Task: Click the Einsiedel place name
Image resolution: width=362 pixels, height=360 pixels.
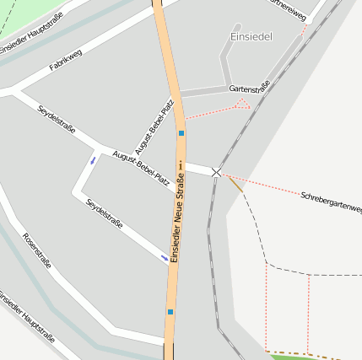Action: (x=251, y=37)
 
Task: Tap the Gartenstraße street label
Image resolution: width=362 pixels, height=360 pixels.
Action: (x=249, y=87)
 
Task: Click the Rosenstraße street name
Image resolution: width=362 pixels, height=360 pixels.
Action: (x=38, y=250)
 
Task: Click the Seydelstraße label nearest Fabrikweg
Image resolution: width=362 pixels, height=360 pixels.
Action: (x=57, y=118)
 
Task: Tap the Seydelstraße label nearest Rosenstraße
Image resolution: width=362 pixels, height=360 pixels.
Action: (x=105, y=214)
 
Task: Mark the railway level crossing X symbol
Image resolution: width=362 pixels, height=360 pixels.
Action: (x=217, y=172)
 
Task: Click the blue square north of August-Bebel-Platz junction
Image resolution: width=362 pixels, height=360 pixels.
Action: (x=181, y=133)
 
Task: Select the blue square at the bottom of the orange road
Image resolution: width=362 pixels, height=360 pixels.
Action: (x=170, y=312)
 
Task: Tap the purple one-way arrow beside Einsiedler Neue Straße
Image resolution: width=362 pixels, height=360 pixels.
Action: (x=165, y=258)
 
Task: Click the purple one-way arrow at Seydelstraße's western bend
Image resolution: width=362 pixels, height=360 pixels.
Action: (x=93, y=160)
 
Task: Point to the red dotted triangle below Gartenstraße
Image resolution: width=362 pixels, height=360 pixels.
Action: (x=243, y=104)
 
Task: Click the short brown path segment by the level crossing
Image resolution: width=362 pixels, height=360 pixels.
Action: (x=235, y=185)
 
